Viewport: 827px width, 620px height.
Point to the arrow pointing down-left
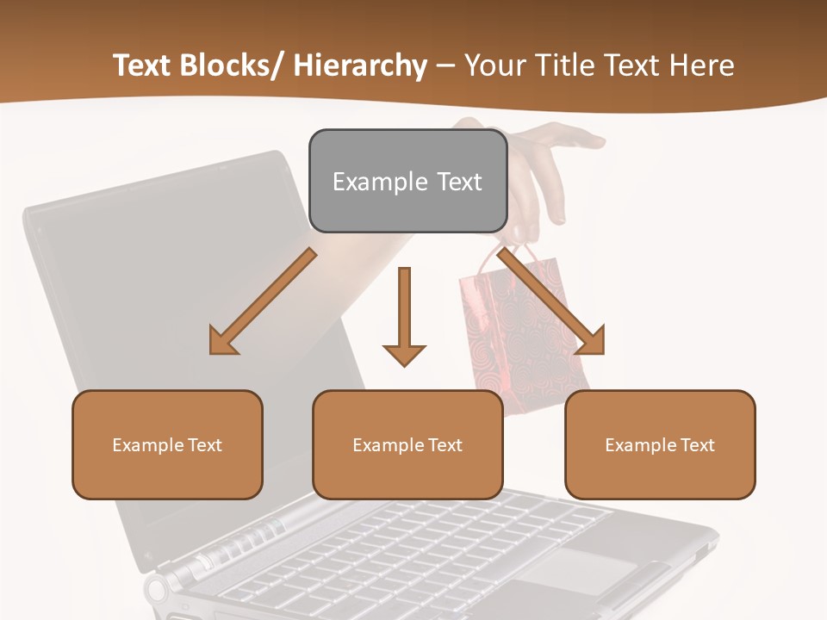click(263, 301)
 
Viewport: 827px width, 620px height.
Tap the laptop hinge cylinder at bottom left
click(159, 590)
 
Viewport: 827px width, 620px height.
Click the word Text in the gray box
click(458, 182)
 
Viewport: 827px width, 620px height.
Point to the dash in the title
click(445, 66)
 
